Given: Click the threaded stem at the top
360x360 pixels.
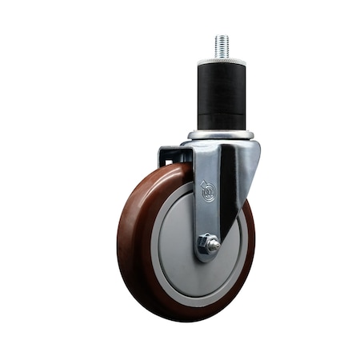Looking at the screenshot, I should pyautogui.click(x=222, y=46).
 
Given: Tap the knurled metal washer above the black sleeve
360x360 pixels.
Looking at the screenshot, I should pyautogui.click(x=222, y=62).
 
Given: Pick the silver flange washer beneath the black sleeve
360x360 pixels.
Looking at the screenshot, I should pyautogui.click(x=222, y=134).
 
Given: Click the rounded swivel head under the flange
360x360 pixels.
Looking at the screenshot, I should pyautogui.click(x=222, y=144).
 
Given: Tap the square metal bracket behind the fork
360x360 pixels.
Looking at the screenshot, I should pyautogui.click(x=170, y=155).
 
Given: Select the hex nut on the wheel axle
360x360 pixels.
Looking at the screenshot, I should pyautogui.click(x=208, y=244).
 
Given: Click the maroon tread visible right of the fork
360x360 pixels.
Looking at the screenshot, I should pyautogui.click(x=248, y=240).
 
